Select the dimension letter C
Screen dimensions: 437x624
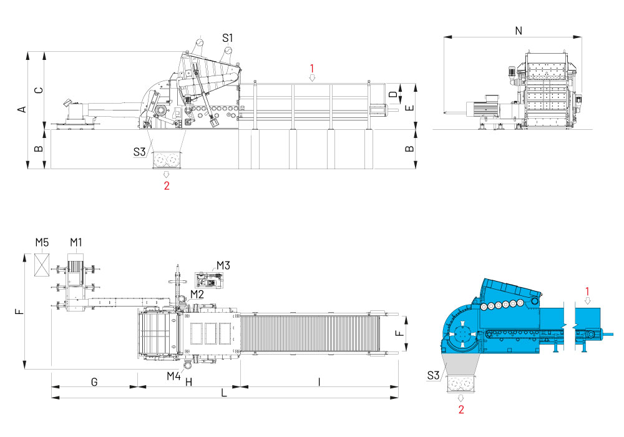(39, 90)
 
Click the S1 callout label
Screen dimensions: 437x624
(228, 37)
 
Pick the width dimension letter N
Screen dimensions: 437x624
(519, 29)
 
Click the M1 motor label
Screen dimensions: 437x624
(76, 242)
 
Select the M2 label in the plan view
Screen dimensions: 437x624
(197, 294)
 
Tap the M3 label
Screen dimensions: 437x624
(223, 265)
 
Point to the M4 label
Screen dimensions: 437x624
(173, 376)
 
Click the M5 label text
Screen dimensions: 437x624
(42, 242)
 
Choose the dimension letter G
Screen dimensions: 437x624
(94, 381)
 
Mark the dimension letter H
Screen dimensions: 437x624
(188, 381)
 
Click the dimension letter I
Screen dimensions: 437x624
(319, 381)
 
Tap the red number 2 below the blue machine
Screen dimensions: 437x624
(461, 410)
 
